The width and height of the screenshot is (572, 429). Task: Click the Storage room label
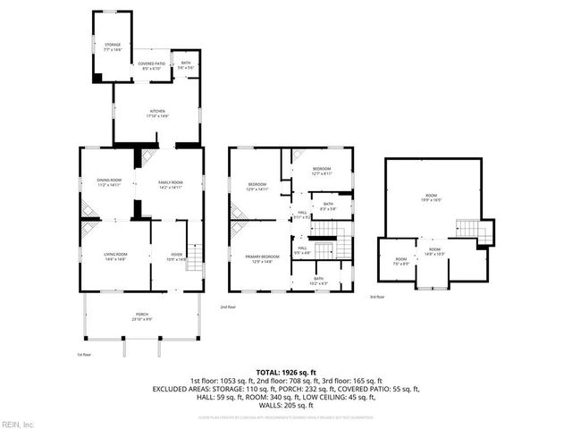pyautogui.click(x=112, y=46)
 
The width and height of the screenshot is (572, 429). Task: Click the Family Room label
pyautogui.click(x=170, y=184)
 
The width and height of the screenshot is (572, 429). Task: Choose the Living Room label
pyautogui.click(x=115, y=257)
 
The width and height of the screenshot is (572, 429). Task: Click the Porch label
pyautogui.click(x=142, y=316)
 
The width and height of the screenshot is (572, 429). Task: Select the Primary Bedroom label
pyautogui.click(x=259, y=258)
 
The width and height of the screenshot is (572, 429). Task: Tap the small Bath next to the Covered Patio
pyautogui.click(x=186, y=65)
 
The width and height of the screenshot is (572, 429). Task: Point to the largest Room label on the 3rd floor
pyautogui.click(x=431, y=198)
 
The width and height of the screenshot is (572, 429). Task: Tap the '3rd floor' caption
pyautogui.click(x=377, y=297)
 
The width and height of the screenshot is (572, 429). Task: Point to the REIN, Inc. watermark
pyautogui.click(x=18, y=423)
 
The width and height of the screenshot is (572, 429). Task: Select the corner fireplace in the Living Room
pyautogui.click(x=88, y=228)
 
